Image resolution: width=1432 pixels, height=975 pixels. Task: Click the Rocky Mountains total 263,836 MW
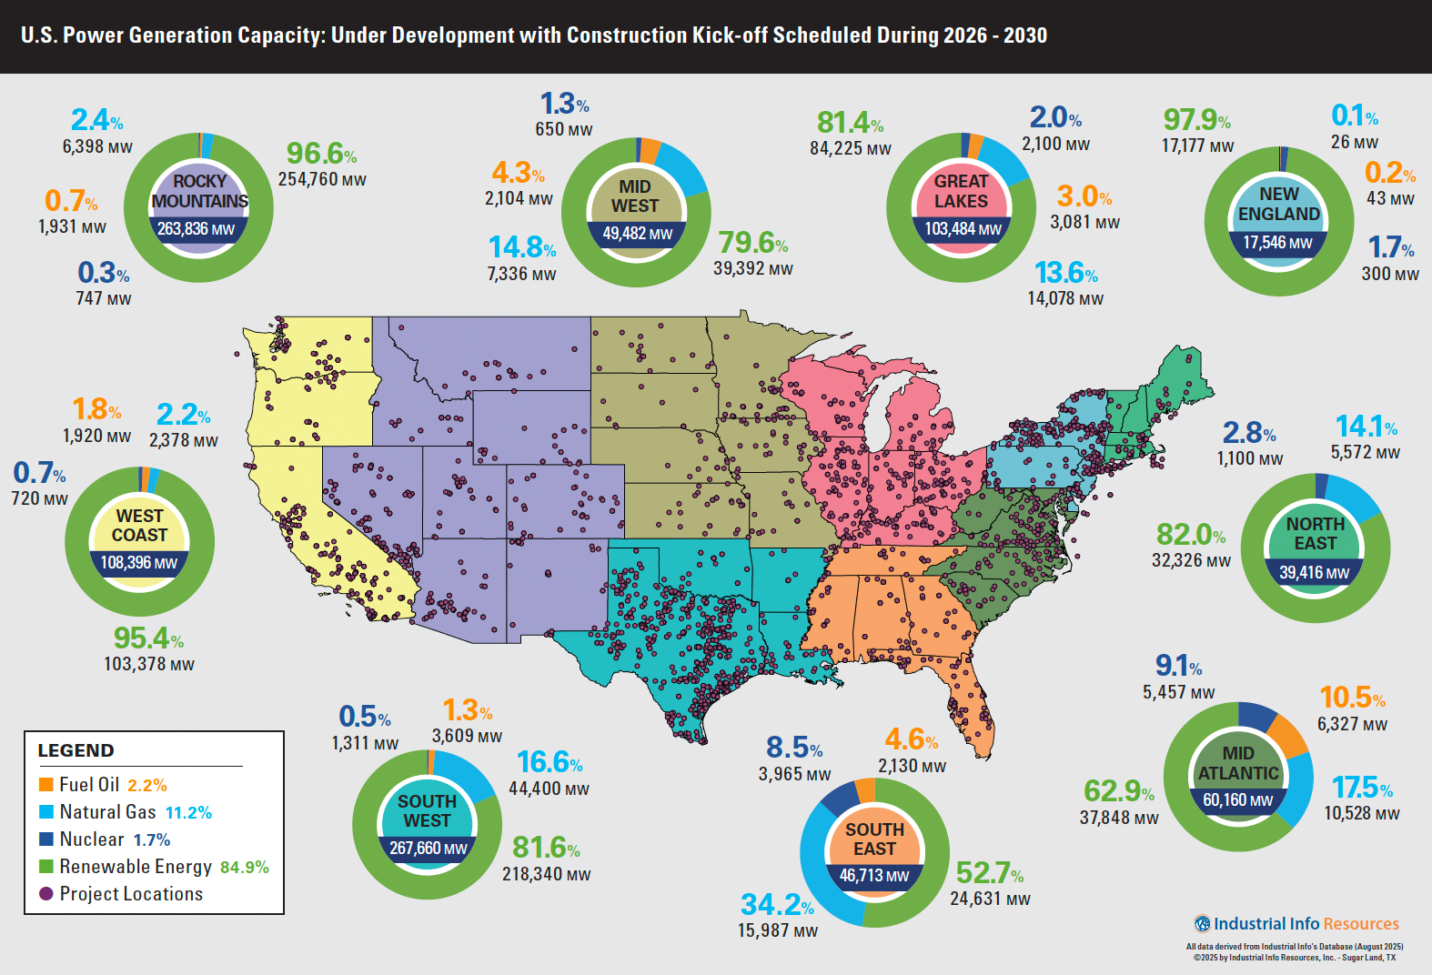coord(197,229)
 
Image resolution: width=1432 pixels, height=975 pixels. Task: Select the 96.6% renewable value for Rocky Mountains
coord(321,153)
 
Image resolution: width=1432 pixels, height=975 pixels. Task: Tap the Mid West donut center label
coord(635,196)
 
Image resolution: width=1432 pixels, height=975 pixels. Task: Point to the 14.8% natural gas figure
coord(521,247)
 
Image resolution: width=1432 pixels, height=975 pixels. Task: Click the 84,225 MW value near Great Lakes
coord(851,148)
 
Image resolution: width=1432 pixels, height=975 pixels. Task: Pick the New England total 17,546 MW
coord(1278,243)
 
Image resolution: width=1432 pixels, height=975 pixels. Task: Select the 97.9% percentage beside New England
coord(1196,120)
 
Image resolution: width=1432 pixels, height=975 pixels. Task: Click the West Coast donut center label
coord(139,526)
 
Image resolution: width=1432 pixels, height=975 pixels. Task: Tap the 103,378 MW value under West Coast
coord(149,664)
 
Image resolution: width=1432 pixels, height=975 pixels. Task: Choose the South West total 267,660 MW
coord(428,849)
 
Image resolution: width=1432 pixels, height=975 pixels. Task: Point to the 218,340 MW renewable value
coord(547,874)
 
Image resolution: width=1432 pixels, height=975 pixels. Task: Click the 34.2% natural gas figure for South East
coord(776,905)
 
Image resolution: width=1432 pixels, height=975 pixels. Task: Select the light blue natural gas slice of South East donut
coord(819,873)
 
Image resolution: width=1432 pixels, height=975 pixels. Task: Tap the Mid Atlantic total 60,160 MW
coord(1237,800)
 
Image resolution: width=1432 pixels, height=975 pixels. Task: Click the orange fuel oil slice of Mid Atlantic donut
coord(1286,735)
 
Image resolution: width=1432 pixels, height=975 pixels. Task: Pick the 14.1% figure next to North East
coord(1366,427)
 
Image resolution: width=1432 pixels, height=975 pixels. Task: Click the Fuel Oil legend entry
coord(89,785)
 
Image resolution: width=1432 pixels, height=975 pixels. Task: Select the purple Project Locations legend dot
coord(46,894)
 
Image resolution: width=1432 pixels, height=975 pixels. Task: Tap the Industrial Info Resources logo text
coord(1306,924)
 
